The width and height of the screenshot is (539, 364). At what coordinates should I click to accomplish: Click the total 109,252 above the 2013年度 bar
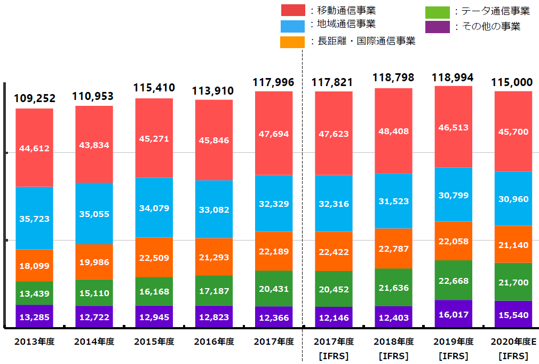click(x=34, y=99)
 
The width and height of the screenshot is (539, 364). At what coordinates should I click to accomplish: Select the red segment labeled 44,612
click(x=34, y=148)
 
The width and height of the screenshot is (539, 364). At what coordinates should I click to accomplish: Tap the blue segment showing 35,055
click(x=94, y=213)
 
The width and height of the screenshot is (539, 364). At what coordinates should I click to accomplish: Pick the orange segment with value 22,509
click(x=154, y=257)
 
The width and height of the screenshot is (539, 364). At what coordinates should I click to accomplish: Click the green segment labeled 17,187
click(x=213, y=290)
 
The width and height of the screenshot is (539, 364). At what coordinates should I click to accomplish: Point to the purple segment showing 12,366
click(x=274, y=317)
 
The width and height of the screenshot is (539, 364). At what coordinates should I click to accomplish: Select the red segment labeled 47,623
click(x=334, y=133)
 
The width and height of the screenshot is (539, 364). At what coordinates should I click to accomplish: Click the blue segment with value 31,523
click(x=393, y=201)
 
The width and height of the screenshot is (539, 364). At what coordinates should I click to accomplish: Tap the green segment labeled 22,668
click(x=454, y=280)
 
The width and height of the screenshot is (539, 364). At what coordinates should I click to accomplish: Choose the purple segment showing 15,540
click(x=513, y=314)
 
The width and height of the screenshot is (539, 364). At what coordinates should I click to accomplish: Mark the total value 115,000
click(x=513, y=82)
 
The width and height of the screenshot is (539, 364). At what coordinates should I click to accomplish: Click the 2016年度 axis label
click(x=213, y=341)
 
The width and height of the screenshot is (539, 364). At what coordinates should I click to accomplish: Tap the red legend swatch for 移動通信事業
click(x=292, y=10)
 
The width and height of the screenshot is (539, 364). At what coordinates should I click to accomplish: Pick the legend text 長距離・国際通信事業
click(x=366, y=41)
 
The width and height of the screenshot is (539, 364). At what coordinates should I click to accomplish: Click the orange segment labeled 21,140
click(x=513, y=244)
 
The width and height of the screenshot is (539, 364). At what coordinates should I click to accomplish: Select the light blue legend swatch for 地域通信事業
click(x=292, y=26)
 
